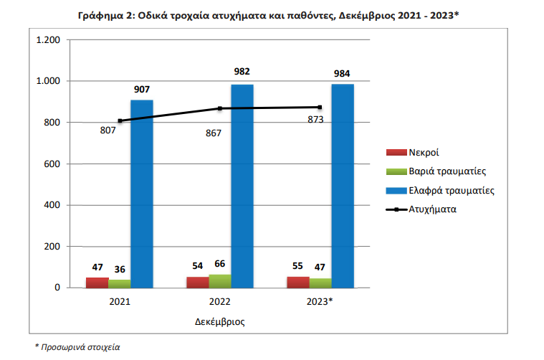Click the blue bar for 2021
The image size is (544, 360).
point(142,194)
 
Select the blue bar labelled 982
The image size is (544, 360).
point(242,186)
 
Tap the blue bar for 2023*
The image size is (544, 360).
point(343,186)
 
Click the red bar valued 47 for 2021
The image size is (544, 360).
point(97,283)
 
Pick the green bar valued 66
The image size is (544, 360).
point(220,281)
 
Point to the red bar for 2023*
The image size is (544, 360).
point(298,282)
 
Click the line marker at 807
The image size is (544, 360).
point(120,121)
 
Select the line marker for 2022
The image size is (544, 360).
point(221,108)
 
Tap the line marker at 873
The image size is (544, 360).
point(320,107)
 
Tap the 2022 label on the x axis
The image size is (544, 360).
point(220,302)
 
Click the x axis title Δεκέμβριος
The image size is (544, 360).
point(220,321)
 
